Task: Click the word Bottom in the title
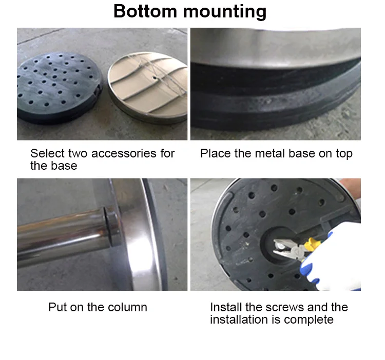click(x=145, y=11)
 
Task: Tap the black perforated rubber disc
click(x=60, y=87)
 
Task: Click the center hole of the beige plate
click(x=155, y=78)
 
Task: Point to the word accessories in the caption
click(x=124, y=153)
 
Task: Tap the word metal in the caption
click(x=270, y=153)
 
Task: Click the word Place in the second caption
click(x=215, y=154)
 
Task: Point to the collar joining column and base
click(x=112, y=227)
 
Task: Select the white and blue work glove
click(x=334, y=257)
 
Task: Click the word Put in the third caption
click(x=57, y=307)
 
